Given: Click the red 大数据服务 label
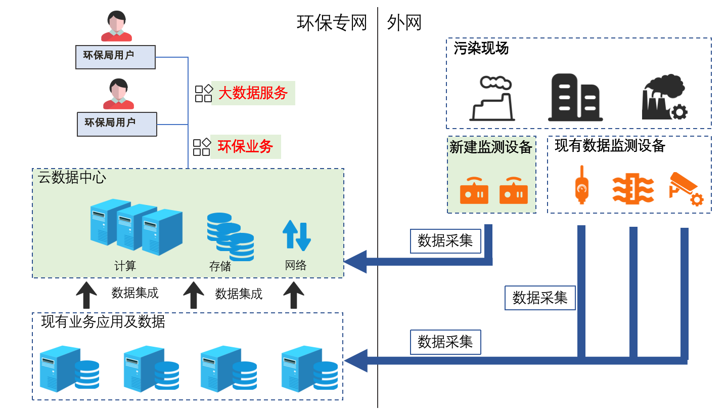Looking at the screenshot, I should coord(253,93).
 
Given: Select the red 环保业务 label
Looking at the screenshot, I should coord(246,146).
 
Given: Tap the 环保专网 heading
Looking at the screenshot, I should coord(332,23).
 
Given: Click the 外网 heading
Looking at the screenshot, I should coord(404,23).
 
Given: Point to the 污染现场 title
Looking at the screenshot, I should coord(481,49).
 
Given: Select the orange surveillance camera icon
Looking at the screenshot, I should coord(686,189).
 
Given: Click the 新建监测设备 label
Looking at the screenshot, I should coord(491,147).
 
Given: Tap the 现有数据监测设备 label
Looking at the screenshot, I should coord(610,146).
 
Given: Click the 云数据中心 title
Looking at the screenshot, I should coord(72,178).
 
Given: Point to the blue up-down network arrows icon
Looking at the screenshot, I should coord(296,235).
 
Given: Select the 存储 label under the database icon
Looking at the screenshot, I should coord(220,266).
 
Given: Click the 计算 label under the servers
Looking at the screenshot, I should coord(125,266).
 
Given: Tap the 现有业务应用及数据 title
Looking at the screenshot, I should coord(103,321).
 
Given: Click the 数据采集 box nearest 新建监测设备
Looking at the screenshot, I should coord(445,241).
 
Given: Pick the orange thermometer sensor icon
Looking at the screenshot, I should coord(581,185).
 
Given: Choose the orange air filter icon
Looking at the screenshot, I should coord(632,189).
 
